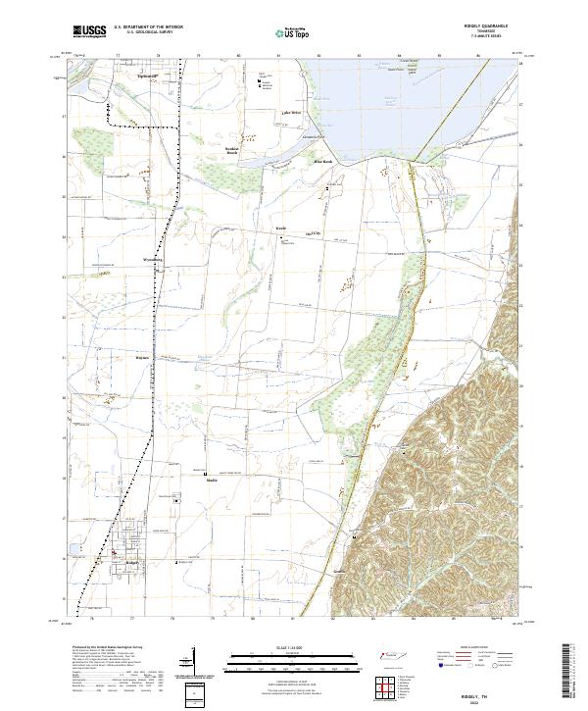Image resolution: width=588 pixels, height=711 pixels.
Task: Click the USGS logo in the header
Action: tap(89, 31)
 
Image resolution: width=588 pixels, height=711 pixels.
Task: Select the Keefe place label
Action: tap(278, 229)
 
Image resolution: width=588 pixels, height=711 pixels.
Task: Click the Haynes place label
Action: tap(140, 358)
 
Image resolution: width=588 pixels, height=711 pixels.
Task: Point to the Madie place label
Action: tap(211, 480)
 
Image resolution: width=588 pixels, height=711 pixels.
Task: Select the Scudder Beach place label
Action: tap(233, 150)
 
